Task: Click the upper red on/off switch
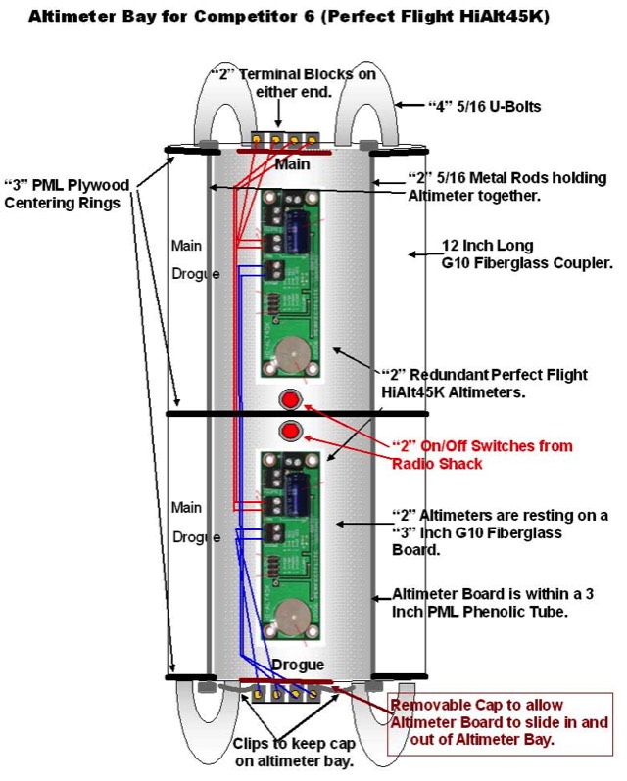coord(291,399)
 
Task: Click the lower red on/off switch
coord(291,432)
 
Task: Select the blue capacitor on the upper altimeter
coord(298,231)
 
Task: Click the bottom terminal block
coord(284,693)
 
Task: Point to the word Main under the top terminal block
coord(292,163)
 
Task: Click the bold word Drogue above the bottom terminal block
coord(292,665)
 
